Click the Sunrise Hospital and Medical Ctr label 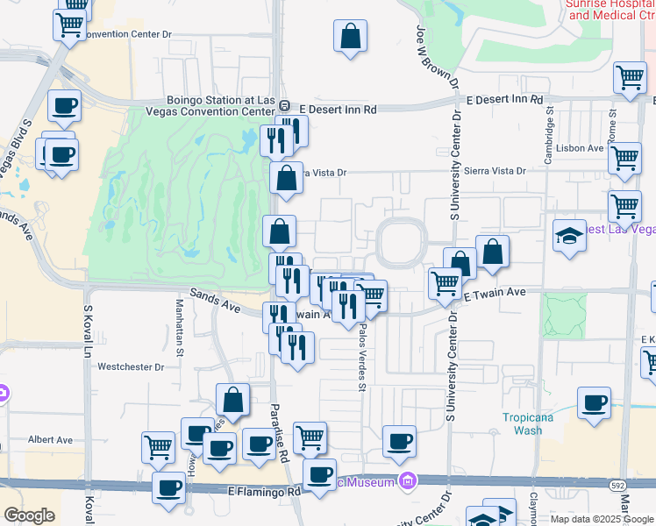click(610, 9)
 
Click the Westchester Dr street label click(131, 367)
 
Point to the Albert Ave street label click(50, 440)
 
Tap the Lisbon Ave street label click(583, 148)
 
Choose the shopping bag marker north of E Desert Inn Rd click(350, 38)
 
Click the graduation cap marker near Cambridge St click(569, 235)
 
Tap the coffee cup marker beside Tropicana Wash click(594, 403)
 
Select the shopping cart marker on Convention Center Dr click(70, 24)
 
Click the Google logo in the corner click(29, 515)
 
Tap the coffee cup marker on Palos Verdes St click(399, 441)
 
